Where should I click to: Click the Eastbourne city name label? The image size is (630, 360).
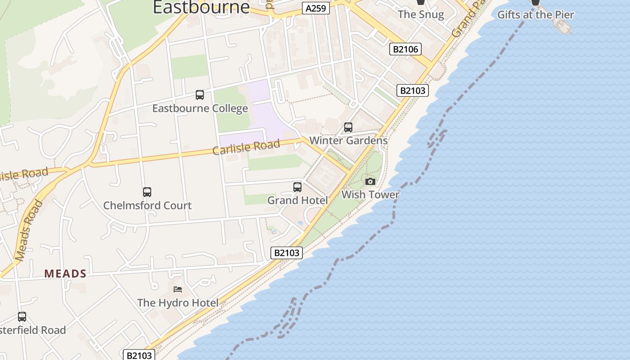point(201,7)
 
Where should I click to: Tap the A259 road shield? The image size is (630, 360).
point(316,8)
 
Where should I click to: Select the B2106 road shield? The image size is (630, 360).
point(405,49)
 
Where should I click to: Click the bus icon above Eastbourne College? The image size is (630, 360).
point(200,95)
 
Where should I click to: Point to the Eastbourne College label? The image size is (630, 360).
point(200,108)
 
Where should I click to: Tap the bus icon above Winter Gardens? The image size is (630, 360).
point(348,127)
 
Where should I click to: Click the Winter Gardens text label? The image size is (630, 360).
point(348,140)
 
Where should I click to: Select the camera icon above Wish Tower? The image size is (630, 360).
point(370,181)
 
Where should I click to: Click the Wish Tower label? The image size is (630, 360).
point(370,194)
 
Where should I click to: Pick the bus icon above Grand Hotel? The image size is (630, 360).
point(297,187)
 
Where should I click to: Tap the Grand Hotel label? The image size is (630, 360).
point(297,200)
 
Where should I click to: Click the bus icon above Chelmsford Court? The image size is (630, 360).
point(147,192)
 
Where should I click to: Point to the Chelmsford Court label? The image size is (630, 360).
point(147,206)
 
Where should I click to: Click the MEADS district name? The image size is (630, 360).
point(65,274)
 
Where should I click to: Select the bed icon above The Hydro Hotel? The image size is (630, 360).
point(178,289)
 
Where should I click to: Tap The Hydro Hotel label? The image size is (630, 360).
point(178,303)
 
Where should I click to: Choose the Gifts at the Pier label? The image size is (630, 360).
point(535,15)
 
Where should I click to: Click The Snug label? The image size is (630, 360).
point(421,14)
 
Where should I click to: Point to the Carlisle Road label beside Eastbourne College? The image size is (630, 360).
point(246,147)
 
